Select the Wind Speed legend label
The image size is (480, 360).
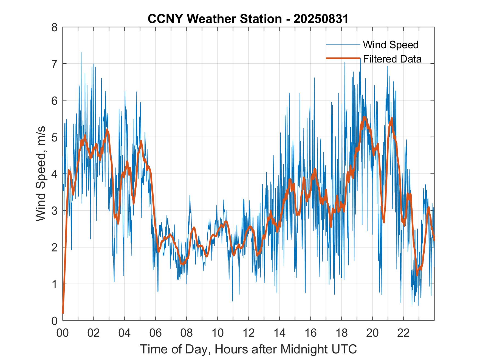[x=391, y=45]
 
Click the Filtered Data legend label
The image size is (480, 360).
[x=392, y=59]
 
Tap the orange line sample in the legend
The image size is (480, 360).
[x=343, y=58]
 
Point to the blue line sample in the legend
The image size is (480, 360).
[x=343, y=44]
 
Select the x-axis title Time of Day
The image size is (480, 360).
[x=248, y=349]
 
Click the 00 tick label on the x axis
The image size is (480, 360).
[x=63, y=333]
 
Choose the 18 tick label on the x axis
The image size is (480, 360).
[x=341, y=333]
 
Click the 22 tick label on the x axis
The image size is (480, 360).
[x=403, y=333]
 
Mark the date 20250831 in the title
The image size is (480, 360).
[x=321, y=19]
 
